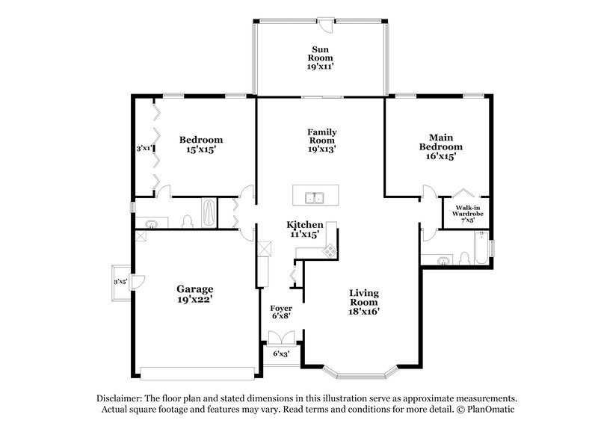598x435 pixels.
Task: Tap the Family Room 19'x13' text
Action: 321,140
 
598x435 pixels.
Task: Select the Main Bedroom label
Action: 440,146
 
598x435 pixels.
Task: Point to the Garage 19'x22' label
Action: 194,294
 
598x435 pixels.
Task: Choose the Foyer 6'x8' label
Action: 281,312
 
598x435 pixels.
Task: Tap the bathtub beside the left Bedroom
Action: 210,213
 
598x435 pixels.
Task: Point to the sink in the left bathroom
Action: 152,223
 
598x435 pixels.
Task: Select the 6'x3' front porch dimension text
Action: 282,353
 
